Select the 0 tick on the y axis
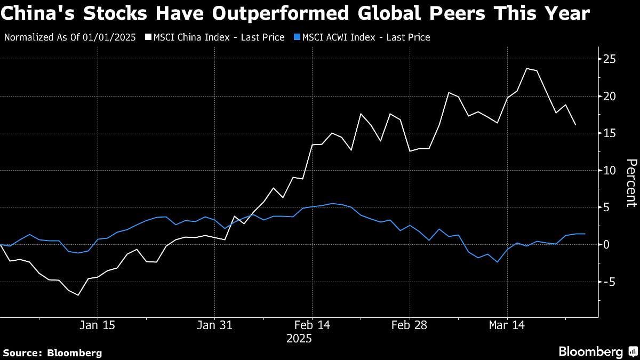[606, 244]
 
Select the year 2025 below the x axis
[299, 339]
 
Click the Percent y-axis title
[631, 183]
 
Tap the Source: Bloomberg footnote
[52, 353]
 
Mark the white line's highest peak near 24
[526, 68]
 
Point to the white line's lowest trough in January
[78, 295]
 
